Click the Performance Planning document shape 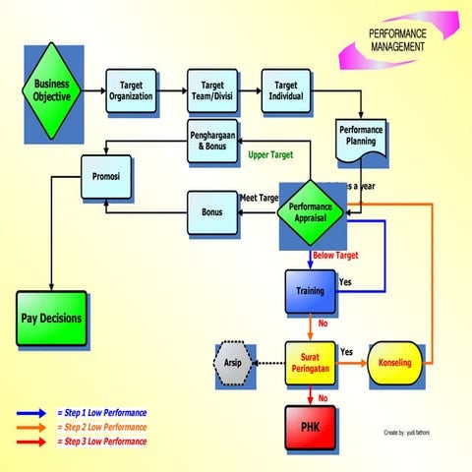tap(362, 135)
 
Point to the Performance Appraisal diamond tap(311, 209)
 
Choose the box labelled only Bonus tap(210, 212)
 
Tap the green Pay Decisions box tap(52, 319)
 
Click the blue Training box tap(311, 291)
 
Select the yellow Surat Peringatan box tap(311, 363)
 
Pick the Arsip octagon tap(234, 363)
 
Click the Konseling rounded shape tap(394, 363)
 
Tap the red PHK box tap(311, 426)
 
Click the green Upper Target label tap(271, 155)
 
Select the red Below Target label tap(334, 256)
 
